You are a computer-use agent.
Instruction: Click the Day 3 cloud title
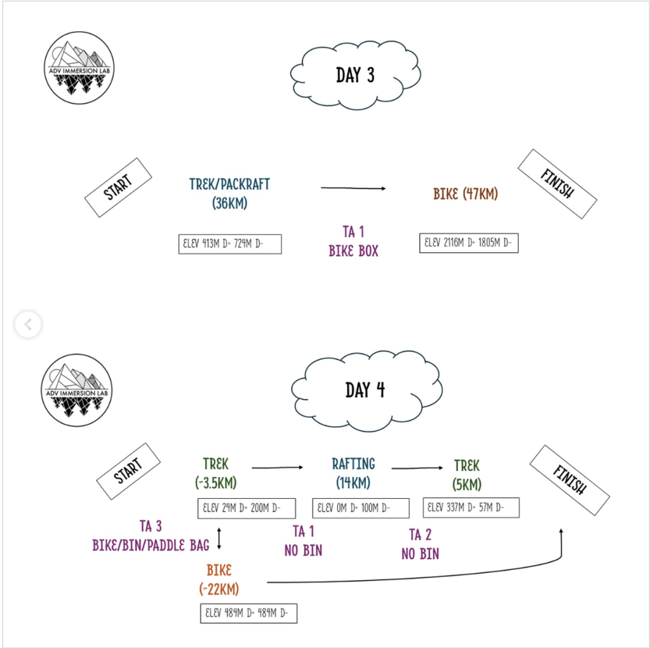(x=355, y=76)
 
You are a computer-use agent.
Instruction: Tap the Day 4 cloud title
(x=365, y=389)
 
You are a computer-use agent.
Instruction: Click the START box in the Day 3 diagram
(x=118, y=187)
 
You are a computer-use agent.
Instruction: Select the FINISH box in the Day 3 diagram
(x=557, y=184)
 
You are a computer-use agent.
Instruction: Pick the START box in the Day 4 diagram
(x=128, y=472)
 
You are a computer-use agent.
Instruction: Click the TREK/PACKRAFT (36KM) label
(x=229, y=194)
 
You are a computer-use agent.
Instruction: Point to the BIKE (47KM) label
(x=466, y=194)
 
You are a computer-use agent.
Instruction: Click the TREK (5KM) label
(x=467, y=475)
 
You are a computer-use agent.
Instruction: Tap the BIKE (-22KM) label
(x=219, y=579)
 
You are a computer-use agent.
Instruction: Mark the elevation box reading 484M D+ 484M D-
(x=248, y=613)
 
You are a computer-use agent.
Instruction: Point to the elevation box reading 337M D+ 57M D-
(x=471, y=508)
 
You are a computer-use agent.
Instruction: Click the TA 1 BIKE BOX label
(x=353, y=241)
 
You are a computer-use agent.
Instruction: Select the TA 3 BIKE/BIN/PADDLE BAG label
(x=151, y=536)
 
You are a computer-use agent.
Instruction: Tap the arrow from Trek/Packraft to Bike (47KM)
(x=353, y=188)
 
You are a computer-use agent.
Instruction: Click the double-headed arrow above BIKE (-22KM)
(x=219, y=537)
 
